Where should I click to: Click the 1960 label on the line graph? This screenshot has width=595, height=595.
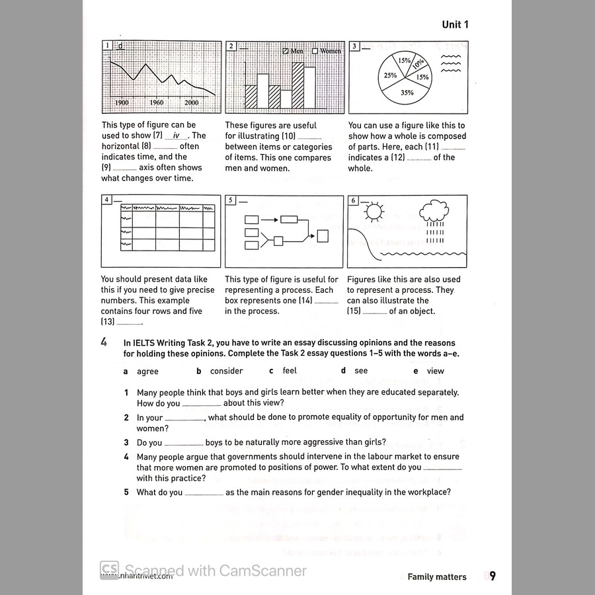click(x=157, y=102)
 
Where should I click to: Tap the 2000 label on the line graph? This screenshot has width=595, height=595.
click(x=191, y=102)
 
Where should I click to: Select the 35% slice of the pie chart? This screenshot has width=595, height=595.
click(x=407, y=91)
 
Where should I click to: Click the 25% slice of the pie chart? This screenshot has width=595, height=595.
click(x=391, y=75)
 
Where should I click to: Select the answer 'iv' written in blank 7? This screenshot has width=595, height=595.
click(x=175, y=136)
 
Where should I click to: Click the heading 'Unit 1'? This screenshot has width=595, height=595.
click(x=456, y=24)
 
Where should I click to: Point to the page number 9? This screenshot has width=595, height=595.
click(x=493, y=576)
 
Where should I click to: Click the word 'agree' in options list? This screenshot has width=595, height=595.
click(x=147, y=372)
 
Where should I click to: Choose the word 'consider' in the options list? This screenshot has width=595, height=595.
click(x=226, y=372)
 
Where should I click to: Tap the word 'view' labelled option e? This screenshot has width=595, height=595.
click(x=435, y=372)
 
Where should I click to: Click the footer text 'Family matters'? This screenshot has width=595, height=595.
click(x=437, y=576)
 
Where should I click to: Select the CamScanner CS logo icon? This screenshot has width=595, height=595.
click(x=109, y=569)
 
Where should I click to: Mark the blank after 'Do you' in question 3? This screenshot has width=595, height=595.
click(x=183, y=444)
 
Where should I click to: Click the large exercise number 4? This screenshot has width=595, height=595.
click(x=104, y=342)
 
